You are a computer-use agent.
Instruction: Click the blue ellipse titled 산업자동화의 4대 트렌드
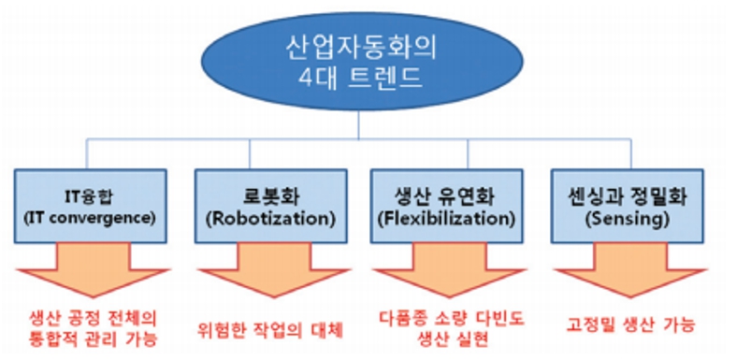(x=368, y=60)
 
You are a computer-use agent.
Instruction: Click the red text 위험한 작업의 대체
(x=271, y=329)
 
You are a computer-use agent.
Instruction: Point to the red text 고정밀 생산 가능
(x=630, y=325)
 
